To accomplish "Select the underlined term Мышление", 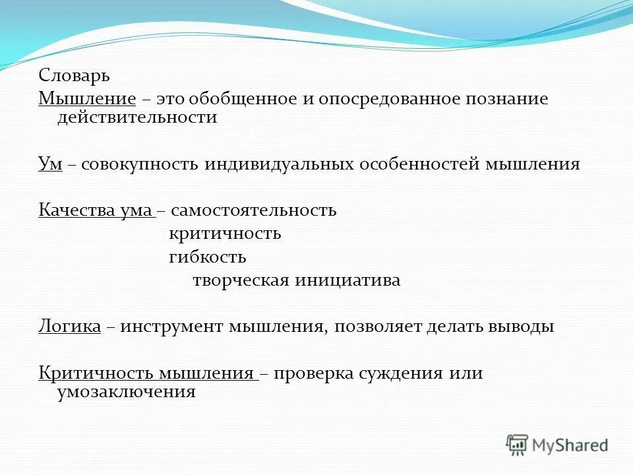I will [87, 99].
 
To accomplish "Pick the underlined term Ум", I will [50, 164].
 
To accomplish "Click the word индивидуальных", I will [278, 164].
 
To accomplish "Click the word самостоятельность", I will [254, 210].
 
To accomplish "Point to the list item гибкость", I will [207, 257].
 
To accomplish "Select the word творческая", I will [241, 280].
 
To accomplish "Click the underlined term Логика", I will [69, 327].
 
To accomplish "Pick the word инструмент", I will [173, 327].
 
